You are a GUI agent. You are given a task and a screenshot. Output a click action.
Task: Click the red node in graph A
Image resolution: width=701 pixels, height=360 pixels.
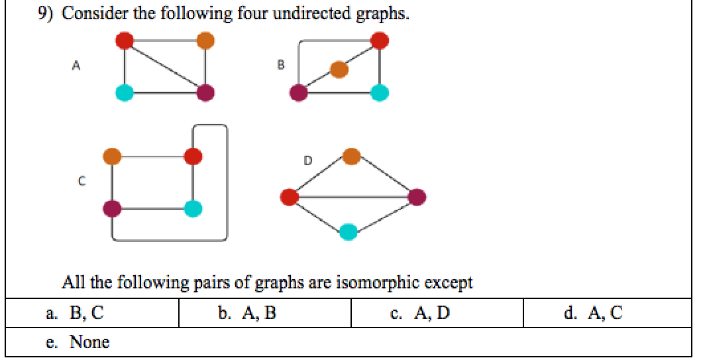(125, 40)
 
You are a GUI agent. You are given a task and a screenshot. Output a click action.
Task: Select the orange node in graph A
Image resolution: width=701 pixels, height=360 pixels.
(205, 40)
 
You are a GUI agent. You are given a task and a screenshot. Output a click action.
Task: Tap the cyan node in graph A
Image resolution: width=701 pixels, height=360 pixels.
(125, 93)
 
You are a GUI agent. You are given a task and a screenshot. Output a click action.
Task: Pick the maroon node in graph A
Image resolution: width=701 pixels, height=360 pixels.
(205, 93)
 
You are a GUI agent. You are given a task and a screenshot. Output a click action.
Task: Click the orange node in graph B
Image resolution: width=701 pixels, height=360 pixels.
(339, 69)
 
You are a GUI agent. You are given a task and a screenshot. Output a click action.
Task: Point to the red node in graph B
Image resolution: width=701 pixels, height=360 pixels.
(380, 40)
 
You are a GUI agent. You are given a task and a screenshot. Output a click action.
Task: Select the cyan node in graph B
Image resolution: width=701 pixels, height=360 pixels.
(380, 93)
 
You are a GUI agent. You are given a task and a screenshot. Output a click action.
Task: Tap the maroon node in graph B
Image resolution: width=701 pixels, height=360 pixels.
(299, 93)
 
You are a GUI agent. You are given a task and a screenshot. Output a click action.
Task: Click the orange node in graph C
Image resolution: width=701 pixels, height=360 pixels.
(112, 157)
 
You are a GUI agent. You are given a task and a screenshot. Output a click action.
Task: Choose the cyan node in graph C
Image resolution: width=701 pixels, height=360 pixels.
(193, 209)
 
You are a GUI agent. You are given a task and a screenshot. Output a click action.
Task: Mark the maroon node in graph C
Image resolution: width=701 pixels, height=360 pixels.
(112, 209)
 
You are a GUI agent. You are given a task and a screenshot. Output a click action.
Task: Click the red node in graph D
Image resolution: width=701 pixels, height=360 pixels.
(289, 197)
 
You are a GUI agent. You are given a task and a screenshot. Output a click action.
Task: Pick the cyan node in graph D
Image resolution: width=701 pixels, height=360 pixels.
(349, 232)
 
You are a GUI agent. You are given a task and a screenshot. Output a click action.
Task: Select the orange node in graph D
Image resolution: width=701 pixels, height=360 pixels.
(352, 157)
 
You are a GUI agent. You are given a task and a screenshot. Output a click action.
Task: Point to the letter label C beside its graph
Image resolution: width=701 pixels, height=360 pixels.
(81, 180)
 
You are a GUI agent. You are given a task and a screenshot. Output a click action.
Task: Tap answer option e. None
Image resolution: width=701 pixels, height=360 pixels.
(80, 342)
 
